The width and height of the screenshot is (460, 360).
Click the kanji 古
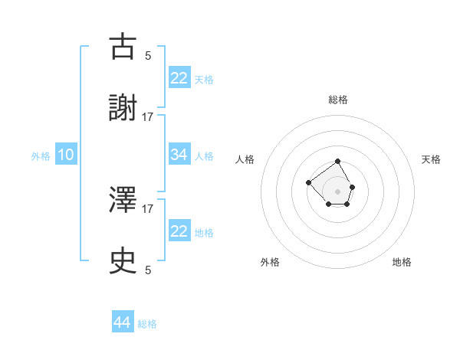123,47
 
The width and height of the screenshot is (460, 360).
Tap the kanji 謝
123,110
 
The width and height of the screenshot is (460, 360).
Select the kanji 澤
123,200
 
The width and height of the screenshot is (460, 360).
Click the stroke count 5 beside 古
148,55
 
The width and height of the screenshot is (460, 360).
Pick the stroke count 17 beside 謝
148,117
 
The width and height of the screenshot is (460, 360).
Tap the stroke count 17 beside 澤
148,208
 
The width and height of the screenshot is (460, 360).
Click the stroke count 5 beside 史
148,270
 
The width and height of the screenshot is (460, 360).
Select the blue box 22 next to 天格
179,78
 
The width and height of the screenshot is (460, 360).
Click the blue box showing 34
179,155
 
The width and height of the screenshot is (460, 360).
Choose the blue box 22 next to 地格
179,231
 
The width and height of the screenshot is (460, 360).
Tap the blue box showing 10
66,155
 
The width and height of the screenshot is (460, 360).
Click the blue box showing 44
123,322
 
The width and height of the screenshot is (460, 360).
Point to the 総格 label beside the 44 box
147,324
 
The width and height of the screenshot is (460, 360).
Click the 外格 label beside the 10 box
41,156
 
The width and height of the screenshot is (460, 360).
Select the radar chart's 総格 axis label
338,100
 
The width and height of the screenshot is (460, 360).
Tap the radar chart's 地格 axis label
402,262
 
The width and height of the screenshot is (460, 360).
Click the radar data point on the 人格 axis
308,182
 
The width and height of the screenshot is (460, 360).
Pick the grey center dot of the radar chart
338,191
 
